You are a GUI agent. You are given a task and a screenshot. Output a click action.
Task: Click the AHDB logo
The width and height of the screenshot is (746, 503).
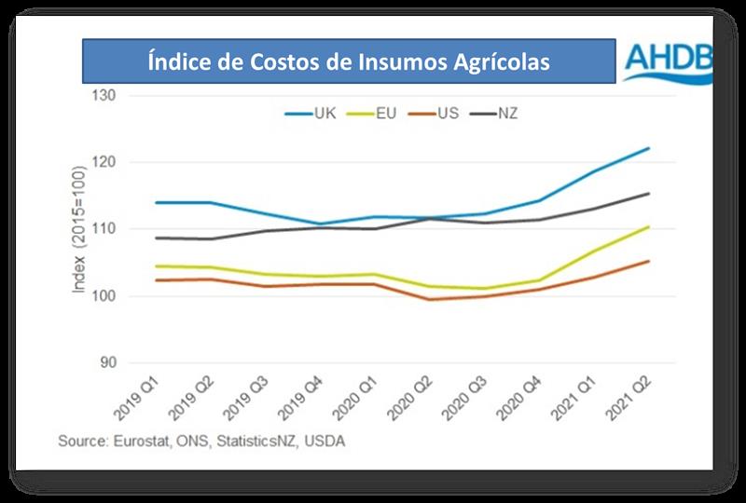(667, 62)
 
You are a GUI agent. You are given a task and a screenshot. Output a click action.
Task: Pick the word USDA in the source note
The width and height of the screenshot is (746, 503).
(325, 441)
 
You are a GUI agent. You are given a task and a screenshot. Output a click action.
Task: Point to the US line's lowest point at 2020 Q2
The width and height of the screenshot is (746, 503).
(430, 299)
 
